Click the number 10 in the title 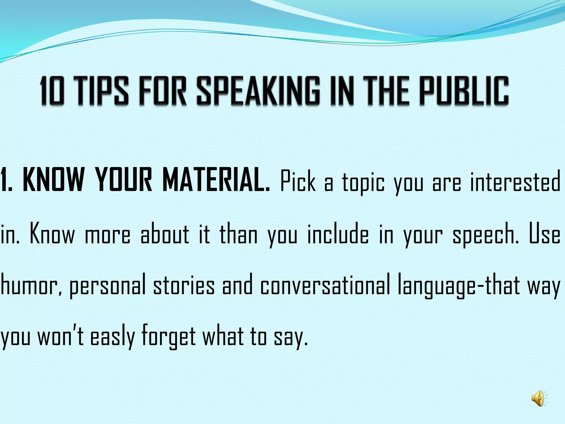click(52, 91)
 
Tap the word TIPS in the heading click(102, 91)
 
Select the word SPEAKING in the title click(258, 91)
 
